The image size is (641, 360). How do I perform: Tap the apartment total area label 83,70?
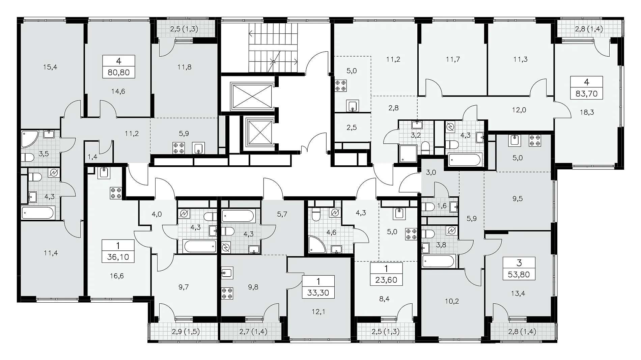pos(586,93)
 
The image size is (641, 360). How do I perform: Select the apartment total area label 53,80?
pos(519,274)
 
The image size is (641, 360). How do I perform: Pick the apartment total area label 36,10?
pos(118,257)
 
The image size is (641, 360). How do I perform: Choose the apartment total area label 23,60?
pos(386,280)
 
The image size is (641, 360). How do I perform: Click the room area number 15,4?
pos(50,67)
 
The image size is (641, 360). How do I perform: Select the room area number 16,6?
pos(117,276)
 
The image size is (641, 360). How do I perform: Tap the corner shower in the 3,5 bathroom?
pos(30,139)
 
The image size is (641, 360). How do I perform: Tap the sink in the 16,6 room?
pos(104,173)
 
